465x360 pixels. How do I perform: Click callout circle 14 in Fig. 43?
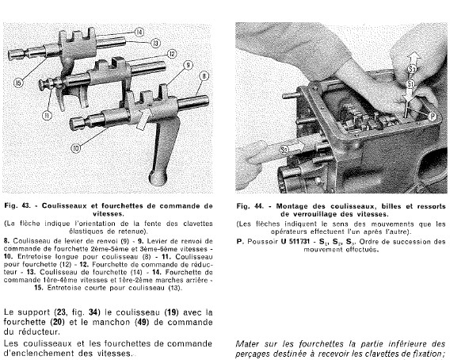coord(139,32)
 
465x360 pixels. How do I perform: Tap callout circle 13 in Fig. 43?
coord(156,44)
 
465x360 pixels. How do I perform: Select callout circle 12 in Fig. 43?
coord(172,54)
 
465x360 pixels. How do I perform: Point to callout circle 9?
coord(189,65)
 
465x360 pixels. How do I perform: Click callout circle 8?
coord(204,76)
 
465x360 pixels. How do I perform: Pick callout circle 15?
coord(18,83)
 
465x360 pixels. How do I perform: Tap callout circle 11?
coord(48,115)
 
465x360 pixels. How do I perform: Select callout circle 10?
coord(76,148)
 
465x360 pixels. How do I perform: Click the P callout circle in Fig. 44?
coord(433,117)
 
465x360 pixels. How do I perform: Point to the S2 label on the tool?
coord(284,149)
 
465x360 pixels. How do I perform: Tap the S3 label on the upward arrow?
coord(412,70)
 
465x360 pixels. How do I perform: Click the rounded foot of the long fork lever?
coord(158,178)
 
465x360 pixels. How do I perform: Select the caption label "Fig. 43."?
coord(17,205)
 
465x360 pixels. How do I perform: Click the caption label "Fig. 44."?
coord(250,206)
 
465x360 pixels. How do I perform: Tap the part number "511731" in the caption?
coord(299,242)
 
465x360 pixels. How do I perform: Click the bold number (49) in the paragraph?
coord(142,322)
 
